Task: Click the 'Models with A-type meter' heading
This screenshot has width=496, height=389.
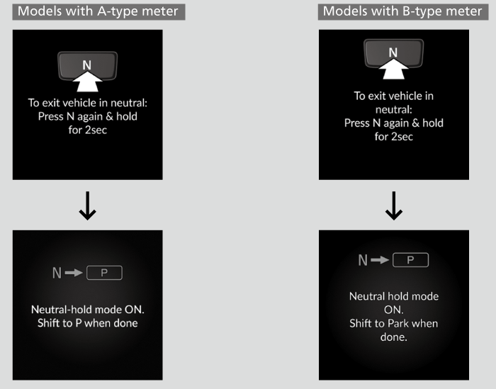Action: (98, 11)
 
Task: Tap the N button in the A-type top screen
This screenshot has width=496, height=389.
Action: (87, 64)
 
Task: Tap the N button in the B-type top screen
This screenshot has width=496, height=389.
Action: (393, 52)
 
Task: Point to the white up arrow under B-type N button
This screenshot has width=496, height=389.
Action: (393, 71)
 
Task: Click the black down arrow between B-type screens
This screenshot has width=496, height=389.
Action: (393, 205)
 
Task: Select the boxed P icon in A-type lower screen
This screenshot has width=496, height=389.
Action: (105, 272)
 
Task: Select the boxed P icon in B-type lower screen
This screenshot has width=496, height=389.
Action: (411, 260)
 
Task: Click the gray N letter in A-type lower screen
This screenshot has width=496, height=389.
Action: (57, 272)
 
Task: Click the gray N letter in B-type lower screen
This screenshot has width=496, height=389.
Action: (363, 260)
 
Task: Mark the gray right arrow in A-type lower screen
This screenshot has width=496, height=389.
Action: (74, 272)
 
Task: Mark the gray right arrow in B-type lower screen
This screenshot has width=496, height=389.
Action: (381, 260)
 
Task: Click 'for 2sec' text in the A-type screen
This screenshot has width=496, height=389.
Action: (87, 130)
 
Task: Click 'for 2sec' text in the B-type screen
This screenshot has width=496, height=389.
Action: (393, 136)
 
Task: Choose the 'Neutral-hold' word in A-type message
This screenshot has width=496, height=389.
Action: (60, 310)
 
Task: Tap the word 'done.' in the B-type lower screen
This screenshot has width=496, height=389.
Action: (393, 337)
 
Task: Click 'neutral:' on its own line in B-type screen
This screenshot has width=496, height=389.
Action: (393, 109)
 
